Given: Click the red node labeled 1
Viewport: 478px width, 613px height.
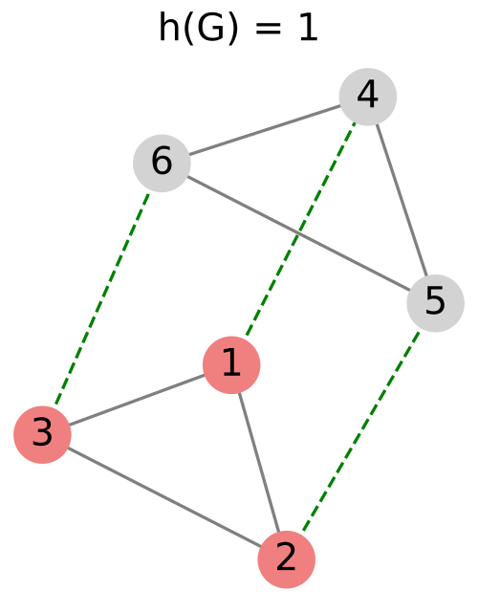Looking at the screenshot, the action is tap(231, 364).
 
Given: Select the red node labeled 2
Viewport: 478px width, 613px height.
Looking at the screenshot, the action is tap(287, 559).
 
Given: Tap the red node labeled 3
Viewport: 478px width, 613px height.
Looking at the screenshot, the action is tap(42, 434).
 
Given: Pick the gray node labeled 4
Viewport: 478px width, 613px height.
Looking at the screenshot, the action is tap(368, 97).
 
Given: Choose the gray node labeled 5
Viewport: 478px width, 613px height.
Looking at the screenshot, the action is tap(435, 303).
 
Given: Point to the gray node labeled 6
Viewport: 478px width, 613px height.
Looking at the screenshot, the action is tap(162, 163).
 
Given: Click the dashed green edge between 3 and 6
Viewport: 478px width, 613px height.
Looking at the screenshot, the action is tap(102, 298).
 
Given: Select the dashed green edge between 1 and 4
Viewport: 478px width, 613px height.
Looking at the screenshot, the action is tap(300, 230).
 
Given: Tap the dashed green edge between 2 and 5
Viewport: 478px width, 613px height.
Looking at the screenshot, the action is tap(361, 431).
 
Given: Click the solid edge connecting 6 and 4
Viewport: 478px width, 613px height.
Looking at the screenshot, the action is tap(265, 130).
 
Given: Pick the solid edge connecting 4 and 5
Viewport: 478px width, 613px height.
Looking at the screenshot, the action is tap(402, 200).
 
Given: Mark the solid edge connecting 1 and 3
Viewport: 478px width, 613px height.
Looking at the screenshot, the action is tap(137, 400).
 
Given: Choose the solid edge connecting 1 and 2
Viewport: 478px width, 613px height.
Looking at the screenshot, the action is tap(259, 462).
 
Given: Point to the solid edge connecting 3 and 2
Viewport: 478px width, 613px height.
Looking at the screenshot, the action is tap(164, 497).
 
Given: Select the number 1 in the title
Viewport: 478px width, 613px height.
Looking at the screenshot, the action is tap(309, 29).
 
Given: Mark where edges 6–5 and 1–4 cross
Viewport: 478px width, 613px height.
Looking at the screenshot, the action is tap(297, 233).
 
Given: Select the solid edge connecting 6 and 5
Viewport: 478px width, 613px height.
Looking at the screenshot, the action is tap(298, 233).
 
